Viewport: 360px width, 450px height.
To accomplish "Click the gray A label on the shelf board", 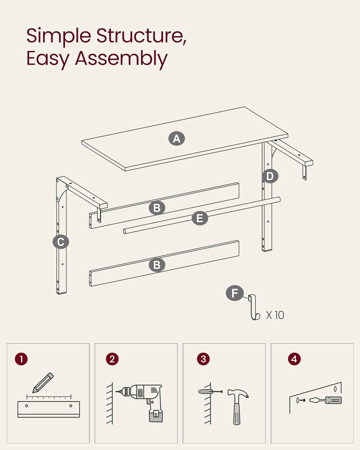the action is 176,139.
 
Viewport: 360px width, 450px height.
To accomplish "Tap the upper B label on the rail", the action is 157,208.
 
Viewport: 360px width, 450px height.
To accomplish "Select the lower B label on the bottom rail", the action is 157,265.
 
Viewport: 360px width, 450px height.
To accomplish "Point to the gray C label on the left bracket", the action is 61,242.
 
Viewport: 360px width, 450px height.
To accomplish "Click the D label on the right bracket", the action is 270,176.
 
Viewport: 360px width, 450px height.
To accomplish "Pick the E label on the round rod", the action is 200,218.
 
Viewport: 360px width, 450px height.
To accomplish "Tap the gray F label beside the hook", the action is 235,293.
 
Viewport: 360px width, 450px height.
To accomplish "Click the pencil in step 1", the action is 43,382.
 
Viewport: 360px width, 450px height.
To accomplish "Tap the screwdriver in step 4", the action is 325,400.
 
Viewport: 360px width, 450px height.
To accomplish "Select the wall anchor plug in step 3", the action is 205,391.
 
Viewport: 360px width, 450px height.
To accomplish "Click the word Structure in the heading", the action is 141,36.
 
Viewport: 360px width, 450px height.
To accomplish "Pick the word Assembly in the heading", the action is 121,59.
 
